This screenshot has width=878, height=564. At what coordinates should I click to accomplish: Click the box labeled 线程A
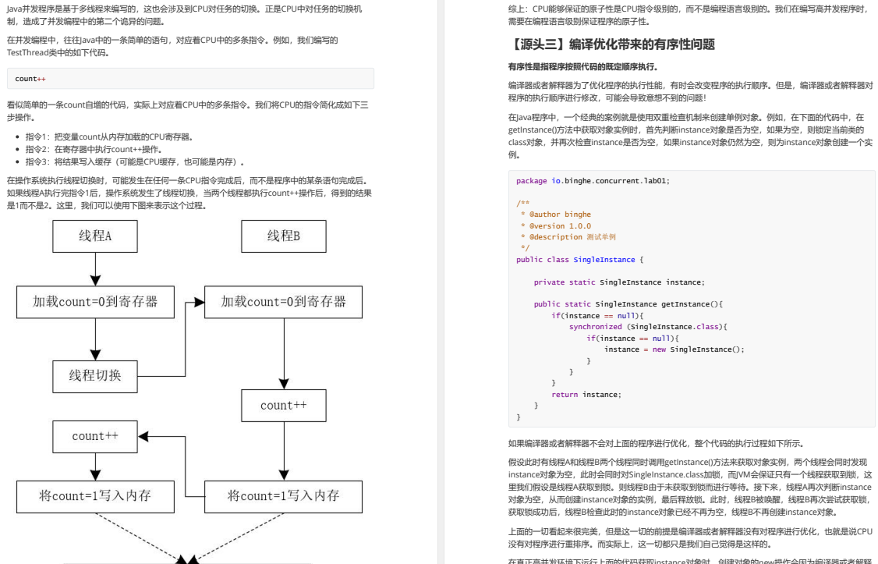pyautogui.click(x=95, y=236)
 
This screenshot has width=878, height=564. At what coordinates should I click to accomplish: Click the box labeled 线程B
pyautogui.click(x=284, y=236)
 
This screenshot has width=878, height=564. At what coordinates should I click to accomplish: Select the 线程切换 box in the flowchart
pyautogui.click(x=95, y=376)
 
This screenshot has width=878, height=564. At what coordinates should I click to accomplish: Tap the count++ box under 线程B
pyautogui.click(x=284, y=406)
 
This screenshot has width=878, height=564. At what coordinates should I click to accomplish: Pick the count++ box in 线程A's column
pyautogui.click(x=95, y=436)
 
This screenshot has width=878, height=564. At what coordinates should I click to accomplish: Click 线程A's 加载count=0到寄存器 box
pyautogui.click(x=95, y=302)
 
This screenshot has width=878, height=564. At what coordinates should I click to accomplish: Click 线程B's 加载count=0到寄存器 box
pyautogui.click(x=283, y=302)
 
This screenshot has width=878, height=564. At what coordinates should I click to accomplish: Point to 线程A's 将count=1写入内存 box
pyautogui.click(x=95, y=496)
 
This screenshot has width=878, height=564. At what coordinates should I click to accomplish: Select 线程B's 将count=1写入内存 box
pyautogui.click(x=283, y=496)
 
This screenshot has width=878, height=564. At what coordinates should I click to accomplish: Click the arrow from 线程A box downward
pyautogui.click(x=95, y=269)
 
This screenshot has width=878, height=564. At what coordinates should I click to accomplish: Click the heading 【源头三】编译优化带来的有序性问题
pyautogui.click(x=611, y=44)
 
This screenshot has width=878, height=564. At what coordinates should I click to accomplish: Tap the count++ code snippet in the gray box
pyautogui.click(x=30, y=79)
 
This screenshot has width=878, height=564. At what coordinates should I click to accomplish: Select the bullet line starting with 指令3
pyautogui.click(x=135, y=161)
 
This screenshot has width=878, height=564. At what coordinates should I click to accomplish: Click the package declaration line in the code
pyautogui.click(x=593, y=181)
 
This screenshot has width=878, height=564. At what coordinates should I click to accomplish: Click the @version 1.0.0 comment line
pyautogui.click(x=555, y=225)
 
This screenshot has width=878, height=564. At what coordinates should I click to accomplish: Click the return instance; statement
pyautogui.click(x=586, y=394)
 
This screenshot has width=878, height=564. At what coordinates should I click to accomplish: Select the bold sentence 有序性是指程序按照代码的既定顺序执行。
pyautogui.click(x=583, y=66)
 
